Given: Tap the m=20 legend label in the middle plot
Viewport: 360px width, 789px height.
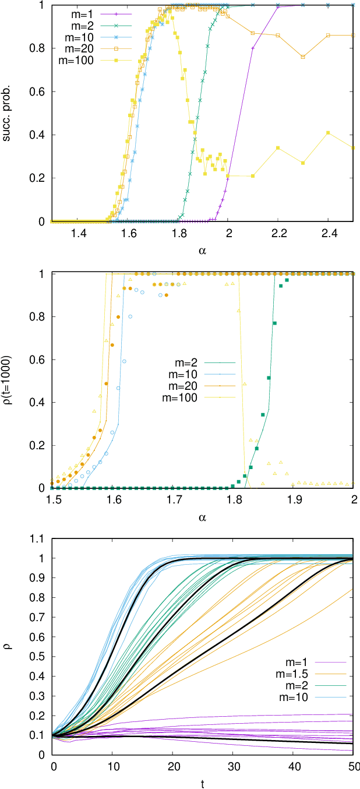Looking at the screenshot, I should pyautogui.click(x=182, y=386).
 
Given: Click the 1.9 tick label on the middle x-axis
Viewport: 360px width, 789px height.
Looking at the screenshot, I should pyautogui.click(x=294, y=501).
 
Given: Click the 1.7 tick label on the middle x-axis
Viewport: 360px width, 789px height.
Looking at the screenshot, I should pyautogui.click(x=174, y=501).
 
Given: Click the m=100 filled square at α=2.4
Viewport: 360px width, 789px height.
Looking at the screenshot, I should pyautogui.click(x=329, y=133).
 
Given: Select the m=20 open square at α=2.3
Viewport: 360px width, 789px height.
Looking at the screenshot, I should pyautogui.click(x=303, y=57).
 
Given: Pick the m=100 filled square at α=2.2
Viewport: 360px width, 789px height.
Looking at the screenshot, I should pyautogui.click(x=278, y=148).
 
